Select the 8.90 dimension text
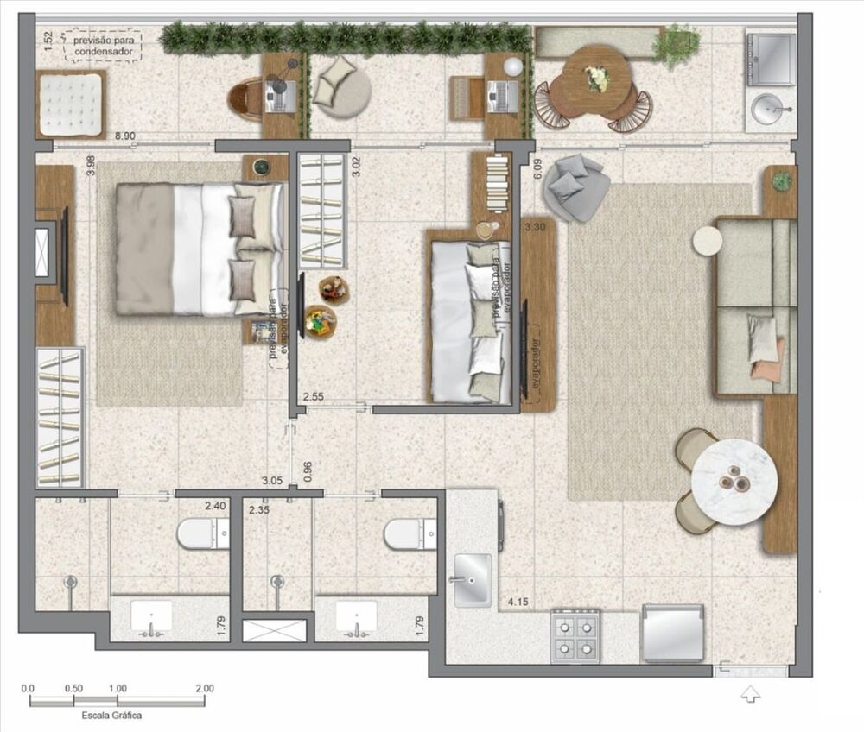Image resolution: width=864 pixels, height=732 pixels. pos(126,135)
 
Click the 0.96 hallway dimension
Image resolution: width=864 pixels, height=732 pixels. pos(308,470)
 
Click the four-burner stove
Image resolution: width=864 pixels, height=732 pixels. pos(575,636)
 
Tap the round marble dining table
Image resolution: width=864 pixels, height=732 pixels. pos(734,483)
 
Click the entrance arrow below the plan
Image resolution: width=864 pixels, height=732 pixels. pos(751,692)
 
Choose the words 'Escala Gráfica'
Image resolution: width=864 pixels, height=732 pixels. pos(111,716)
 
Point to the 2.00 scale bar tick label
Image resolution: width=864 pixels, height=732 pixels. pos(204,689)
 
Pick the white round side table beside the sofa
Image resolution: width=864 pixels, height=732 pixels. pos(707,240)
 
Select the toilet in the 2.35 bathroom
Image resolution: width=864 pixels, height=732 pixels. pos(410,533)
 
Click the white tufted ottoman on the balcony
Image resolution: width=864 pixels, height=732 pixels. pos(70,103)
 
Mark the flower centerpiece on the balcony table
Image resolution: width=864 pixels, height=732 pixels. pos(597,78)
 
